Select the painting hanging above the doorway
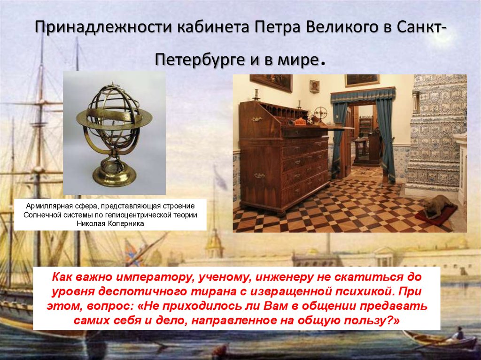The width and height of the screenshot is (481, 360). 362,80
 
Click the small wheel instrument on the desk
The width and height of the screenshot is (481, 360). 321,113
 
